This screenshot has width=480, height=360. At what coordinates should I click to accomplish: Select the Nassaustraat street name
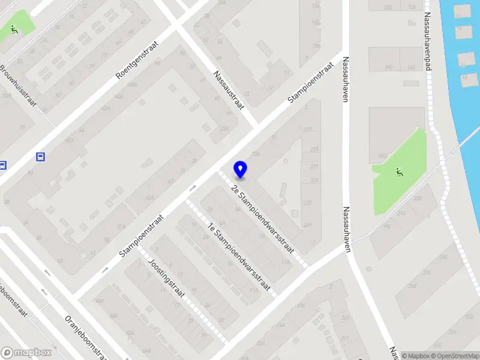pyautogui.click(x=229, y=90)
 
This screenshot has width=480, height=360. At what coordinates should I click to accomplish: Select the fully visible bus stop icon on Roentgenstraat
pyautogui.click(x=40, y=157)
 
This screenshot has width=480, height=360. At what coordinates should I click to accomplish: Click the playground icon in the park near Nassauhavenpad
pyautogui.click(x=399, y=173)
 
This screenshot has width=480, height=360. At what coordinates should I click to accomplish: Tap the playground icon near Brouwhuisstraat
pyautogui.click(x=14, y=28)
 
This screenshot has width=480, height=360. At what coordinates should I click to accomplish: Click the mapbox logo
pyautogui.click(x=25, y=352)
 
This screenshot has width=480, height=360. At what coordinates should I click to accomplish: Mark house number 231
pyautogui.click(x=313, y=181)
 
